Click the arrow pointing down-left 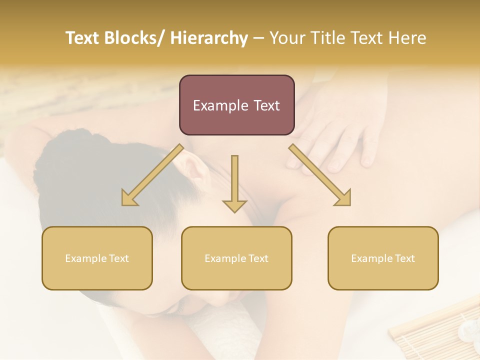pyautogui.click(x=152, y=174)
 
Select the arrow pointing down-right pyautogui.click(x=320, y=174)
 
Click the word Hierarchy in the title pyautogui.click(x=209, y=38)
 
